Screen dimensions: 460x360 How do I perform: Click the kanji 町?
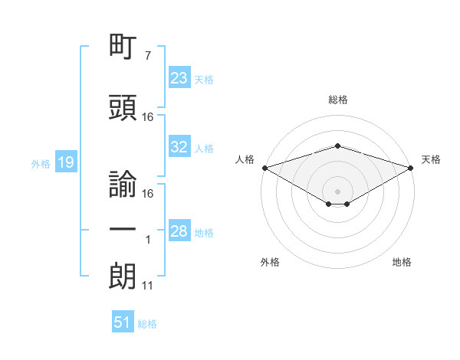123,46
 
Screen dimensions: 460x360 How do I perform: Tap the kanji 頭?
123,107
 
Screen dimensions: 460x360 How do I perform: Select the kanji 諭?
123,184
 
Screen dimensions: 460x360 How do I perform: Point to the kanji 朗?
123,277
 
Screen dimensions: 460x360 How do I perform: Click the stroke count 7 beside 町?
148,55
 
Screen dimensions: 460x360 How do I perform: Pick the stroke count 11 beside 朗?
147,286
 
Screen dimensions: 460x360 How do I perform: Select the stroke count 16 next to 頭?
147,117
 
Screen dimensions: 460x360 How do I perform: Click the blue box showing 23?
179,77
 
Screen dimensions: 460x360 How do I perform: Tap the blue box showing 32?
179,146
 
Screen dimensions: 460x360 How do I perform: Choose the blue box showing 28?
179,230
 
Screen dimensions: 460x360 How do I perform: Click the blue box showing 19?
66,162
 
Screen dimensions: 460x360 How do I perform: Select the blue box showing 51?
123,321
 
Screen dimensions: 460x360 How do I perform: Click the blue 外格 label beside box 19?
41,164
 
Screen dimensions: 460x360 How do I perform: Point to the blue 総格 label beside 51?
147,324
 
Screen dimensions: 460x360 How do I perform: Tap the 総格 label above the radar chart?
338,100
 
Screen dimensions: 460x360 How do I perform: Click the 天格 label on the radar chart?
431,159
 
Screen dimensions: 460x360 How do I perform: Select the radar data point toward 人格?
265,168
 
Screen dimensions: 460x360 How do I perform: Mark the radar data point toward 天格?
411,168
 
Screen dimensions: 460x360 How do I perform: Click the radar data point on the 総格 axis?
338,146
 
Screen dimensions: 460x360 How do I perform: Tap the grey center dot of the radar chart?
337,191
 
